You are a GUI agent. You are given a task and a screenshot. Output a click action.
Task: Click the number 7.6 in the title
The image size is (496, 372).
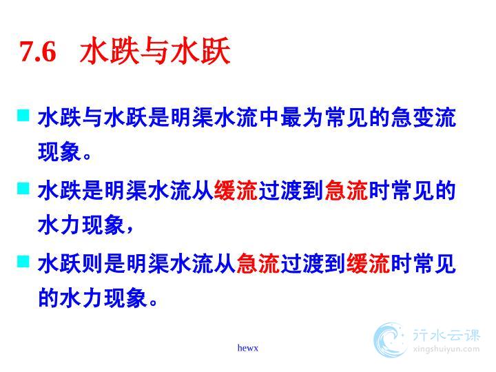[38, 51]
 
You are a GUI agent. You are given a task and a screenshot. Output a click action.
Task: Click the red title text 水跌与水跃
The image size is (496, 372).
[155, 51]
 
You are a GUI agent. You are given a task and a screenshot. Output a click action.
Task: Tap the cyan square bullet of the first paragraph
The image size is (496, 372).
[23, 116]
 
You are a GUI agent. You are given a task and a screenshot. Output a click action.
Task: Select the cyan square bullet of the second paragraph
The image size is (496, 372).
[23, 189]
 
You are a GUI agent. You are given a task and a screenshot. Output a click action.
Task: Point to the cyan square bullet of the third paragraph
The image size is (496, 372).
[23, 261]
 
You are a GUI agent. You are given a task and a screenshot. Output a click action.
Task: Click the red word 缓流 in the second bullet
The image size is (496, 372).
[236, 190]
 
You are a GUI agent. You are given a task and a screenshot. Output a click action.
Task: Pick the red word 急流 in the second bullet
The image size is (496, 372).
[346, 190]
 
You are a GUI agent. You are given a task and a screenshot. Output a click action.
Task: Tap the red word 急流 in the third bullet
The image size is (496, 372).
[258, 263]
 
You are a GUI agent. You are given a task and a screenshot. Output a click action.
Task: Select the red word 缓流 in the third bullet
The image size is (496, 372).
[368, 263]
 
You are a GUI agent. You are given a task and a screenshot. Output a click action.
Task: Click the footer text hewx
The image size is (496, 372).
[248, 348]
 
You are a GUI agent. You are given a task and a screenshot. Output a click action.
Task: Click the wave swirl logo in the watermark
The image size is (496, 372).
[390, 340]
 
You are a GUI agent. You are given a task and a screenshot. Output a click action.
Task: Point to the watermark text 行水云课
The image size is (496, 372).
[446, 335]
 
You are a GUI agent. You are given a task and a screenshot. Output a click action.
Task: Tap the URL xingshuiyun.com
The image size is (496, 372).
[446, 349]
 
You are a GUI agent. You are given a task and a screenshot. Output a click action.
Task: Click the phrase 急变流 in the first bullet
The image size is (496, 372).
[423, 118]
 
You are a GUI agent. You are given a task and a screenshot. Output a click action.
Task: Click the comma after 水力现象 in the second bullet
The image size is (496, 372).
[130, 229]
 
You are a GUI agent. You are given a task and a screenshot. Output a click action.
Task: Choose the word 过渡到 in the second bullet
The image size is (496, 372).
[291, 190]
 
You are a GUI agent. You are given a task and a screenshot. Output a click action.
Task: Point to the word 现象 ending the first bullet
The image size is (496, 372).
[59, 152]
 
